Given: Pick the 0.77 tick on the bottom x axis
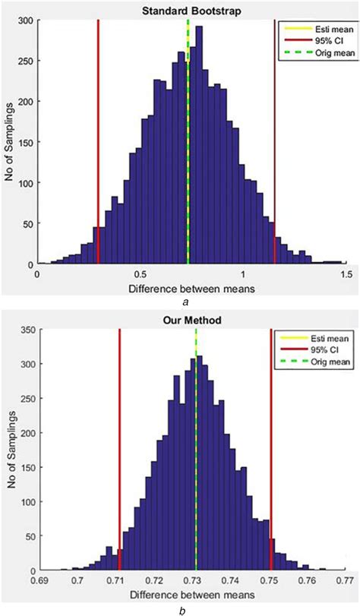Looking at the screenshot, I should click(346, 580).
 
